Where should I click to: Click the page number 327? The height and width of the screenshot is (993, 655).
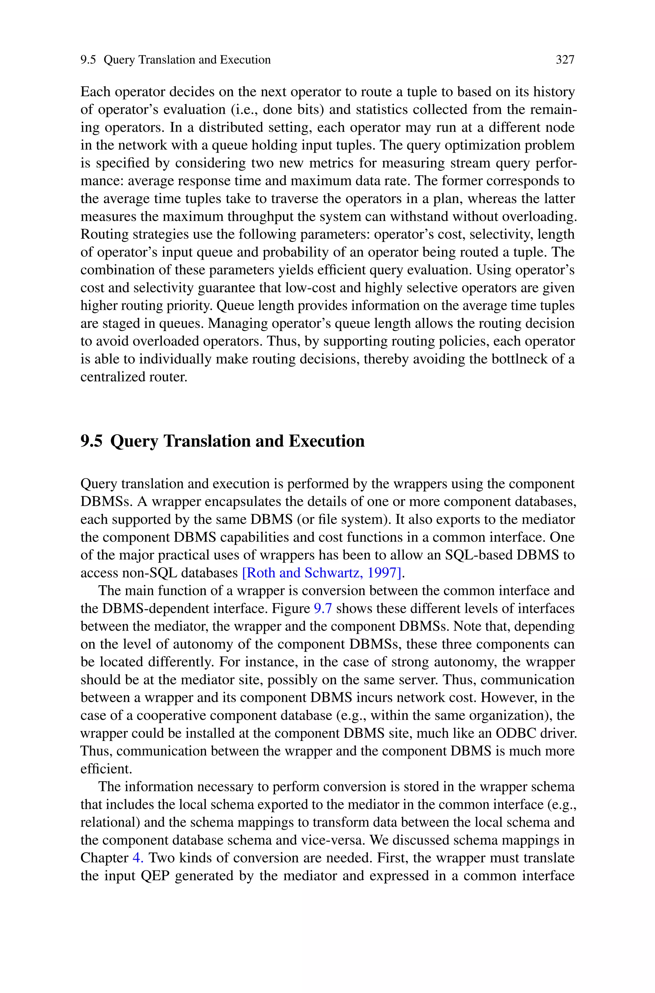coord(565,60)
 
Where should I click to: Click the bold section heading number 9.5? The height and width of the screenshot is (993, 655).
coord(91,441)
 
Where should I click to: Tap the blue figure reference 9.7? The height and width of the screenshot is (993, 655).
coord(322,608)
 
